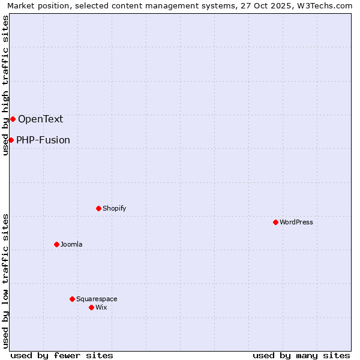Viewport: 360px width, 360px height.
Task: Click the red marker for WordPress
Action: [275, 222]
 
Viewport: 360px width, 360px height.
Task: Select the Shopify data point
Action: [98, 208]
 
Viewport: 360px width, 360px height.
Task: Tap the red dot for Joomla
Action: [56, 244]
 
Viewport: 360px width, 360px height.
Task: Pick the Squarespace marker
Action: [72, 299]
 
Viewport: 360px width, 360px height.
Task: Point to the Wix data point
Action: [91, 307]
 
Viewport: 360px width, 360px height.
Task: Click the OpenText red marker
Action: [13, 119]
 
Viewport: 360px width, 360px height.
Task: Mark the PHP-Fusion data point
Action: [11, 140]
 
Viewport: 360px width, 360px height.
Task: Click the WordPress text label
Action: [296, 222]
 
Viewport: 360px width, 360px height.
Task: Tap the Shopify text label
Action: [114, 208]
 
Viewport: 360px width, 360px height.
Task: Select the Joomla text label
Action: [71, 244]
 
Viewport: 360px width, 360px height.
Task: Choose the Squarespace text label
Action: [97, 299]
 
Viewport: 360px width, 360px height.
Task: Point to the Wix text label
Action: [101, 307]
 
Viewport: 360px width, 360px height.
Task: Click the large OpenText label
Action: [40, 119]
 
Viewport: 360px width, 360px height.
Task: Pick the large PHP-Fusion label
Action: [43, 140]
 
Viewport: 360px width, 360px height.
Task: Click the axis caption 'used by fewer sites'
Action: [62, 355]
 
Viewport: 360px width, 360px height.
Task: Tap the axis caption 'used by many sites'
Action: [301, 355]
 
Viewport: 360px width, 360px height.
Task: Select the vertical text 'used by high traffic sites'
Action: [5, 85]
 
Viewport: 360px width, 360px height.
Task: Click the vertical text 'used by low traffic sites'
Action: [5, 281]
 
